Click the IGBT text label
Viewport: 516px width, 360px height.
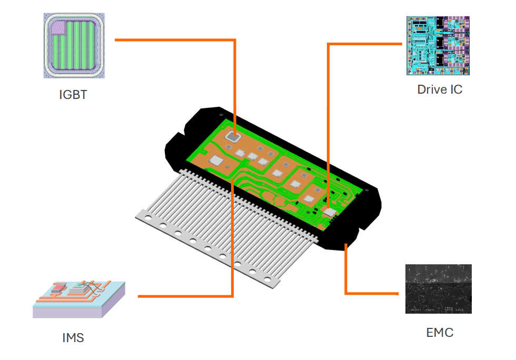tap(73, 95)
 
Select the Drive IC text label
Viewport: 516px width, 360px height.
tap(440, 89)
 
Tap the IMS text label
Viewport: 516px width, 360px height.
tap(73, 337)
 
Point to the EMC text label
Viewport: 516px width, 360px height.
tap(439, 333)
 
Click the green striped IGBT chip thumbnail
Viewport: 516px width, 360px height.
tap(74, 46)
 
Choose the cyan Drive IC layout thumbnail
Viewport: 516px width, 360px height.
tap(438, 45)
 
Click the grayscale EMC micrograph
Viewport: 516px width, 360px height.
tap(438, 289)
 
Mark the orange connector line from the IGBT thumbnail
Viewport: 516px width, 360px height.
tap(174, 39)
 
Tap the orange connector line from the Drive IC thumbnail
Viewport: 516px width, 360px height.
tap(363, 44)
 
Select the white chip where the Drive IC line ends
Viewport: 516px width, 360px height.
tap(330, 212)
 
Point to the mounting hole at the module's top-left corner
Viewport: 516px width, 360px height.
tap(221, 114)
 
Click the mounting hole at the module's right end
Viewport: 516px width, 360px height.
tap(367, 189)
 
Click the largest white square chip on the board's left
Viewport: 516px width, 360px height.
tap(216, 160)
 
